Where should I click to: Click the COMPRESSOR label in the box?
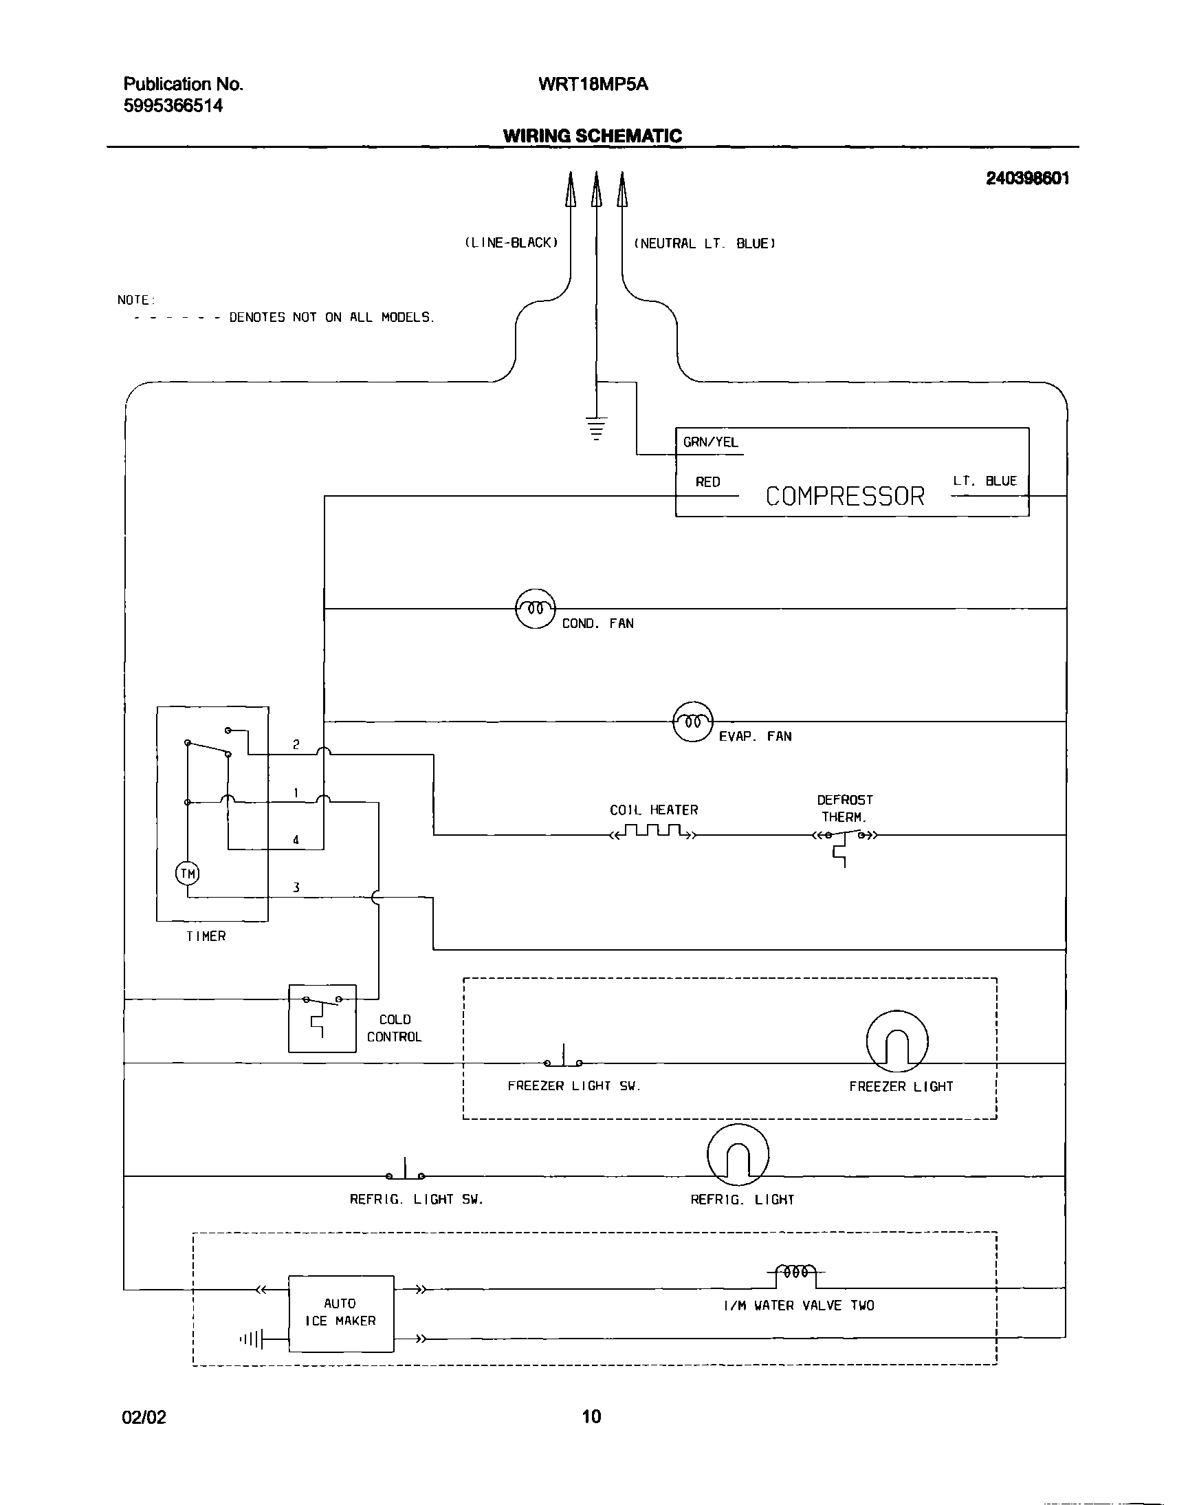coord(845,497)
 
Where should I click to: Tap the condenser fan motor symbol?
coord(536,609)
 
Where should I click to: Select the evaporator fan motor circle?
coord(692,722)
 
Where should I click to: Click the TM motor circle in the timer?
coord(188,874)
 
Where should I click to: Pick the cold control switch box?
coord(322,1018)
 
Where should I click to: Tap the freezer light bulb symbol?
coord(896,1041)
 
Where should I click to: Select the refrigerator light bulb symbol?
coord(738,1155)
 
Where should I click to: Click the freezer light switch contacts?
coord(564,1061)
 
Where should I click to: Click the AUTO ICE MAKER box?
coord(341,1313)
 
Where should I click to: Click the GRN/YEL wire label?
coord(710,442)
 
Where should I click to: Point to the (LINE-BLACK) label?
coord(511,243)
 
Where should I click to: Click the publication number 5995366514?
coord(173,106)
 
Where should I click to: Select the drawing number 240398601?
coord(1027,179)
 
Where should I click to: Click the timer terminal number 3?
coord(296,888)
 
